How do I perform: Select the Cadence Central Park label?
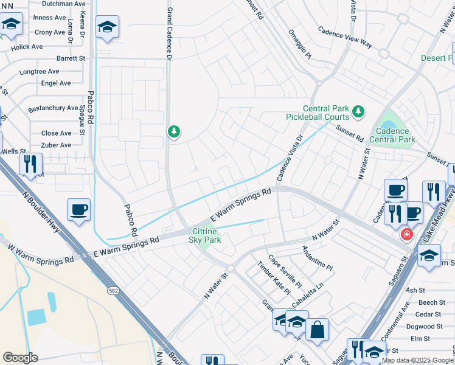(395, 135)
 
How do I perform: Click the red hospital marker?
(406, 234)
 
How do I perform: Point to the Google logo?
(20, 358)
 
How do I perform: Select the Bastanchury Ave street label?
(53, 108)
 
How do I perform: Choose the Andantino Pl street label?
(318, 259)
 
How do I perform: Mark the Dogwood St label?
(429, 326)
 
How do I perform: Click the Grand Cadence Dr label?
(169, 30)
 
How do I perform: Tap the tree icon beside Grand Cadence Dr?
(174, 131)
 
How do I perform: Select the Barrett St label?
(71, 58)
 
